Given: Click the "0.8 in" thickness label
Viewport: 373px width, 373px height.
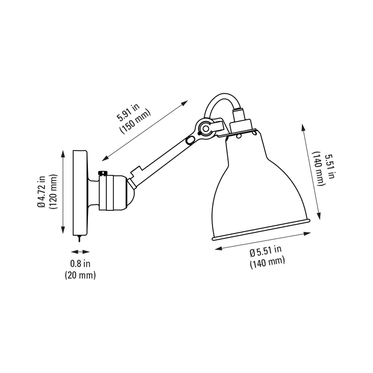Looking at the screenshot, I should pyautogui.click(x=80, y=264).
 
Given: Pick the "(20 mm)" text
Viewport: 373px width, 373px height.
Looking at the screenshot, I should pyautogui.click(x=80, y=275).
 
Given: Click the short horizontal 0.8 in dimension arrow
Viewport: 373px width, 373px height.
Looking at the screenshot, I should pyautogui.click(x=80, y=252).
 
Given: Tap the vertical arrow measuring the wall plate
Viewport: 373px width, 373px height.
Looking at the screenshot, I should pyautogui.click(x=63, y=192).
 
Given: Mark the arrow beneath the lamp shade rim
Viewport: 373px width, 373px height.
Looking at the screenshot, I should pyautogui.click(x=263, y=241).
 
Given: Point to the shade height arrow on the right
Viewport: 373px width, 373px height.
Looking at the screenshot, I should pyautogui.click(x=312, y=172).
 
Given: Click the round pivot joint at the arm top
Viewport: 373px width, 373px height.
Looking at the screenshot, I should pyautogui.click(x=205, y=128).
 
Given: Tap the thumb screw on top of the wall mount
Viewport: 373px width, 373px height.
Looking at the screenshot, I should pyautogui.click(x=103, y=173).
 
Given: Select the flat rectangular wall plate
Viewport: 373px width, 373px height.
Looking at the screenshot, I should pyautogui.click(x=80, y=192).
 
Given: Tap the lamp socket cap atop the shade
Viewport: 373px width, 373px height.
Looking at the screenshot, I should pyautogui.click(x=241, y=124).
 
